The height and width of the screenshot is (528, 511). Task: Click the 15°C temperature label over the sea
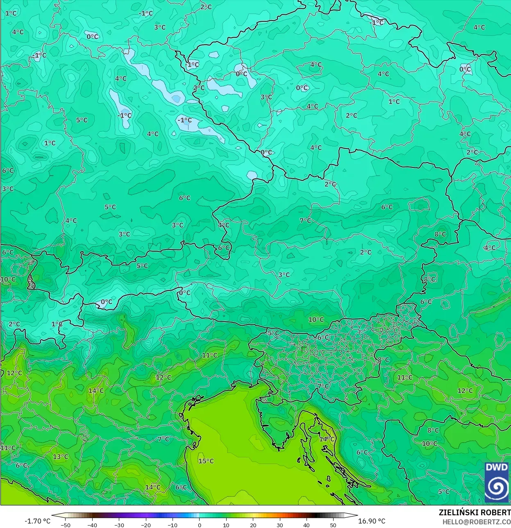pos(206,461)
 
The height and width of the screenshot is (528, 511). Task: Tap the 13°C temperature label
pos(61,457)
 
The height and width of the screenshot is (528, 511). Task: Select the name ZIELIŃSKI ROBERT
pos(475,512)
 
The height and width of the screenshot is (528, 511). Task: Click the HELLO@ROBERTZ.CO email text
pos(476,521)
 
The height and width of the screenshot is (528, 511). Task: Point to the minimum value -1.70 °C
pos(38,521)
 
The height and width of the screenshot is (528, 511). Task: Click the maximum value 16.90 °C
pos(372,521)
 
